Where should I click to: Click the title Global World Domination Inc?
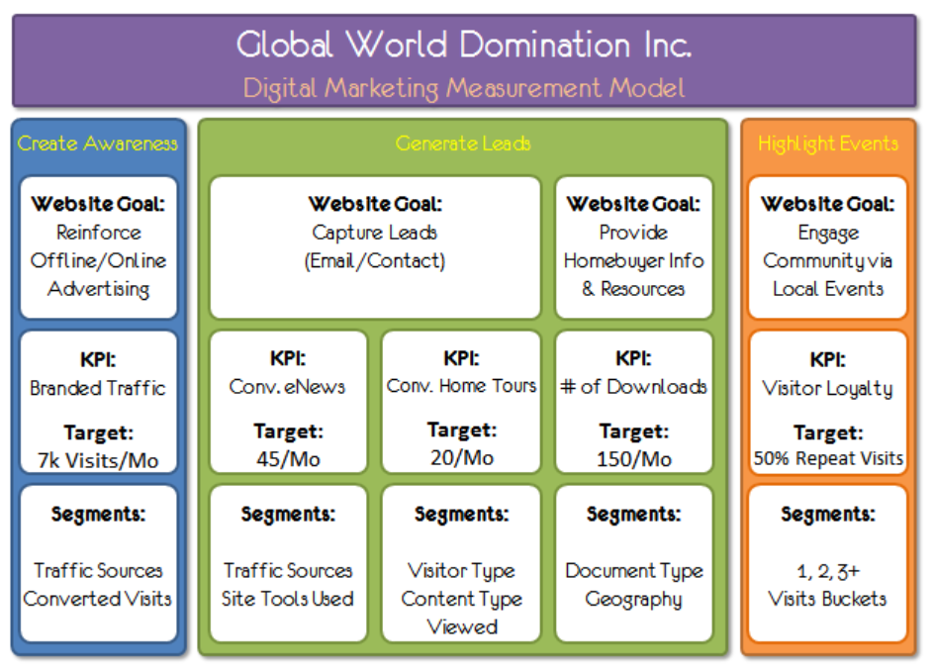(x=464, y=45)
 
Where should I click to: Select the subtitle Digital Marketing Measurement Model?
(x=464, y=87)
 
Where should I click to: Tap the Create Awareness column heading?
(x=98, y=144)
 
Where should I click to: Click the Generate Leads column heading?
(x=463, y=144)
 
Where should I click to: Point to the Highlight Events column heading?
(x=828, y=144)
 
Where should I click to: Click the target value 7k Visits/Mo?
(x=98, y=461)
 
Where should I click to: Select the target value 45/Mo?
(x=287, y=459)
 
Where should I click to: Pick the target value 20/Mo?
(x=460, y=458)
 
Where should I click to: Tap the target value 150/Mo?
(x=633, y=459)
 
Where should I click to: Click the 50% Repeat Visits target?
(x=828, y=459)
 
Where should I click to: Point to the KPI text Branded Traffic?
(x=98, y=388)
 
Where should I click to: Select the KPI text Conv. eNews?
(x=287, y=386)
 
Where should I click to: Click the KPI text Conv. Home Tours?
(x=461, y=385)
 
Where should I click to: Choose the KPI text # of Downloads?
(x=633, y=386)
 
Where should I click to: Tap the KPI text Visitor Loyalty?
(x=827, y=388)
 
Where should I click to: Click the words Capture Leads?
(x=375, y=233)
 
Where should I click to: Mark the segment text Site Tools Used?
(x=288, y=599)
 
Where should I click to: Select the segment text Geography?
(x=633, y=600)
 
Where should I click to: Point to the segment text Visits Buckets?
(x=827, y=599)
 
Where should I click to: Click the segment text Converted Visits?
(x=98, y=599)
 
